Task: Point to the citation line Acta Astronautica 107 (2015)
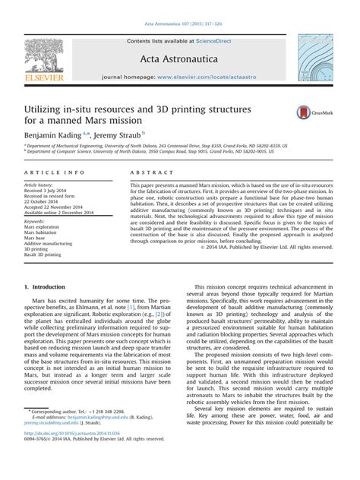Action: [x=180, y=8]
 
